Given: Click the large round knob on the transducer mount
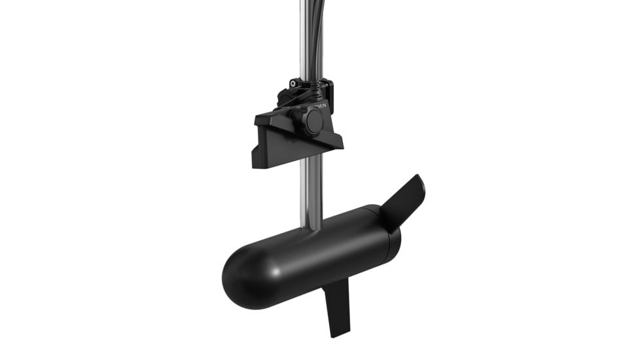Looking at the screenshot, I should point(313,121).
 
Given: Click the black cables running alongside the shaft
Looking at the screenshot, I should point(319,39).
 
